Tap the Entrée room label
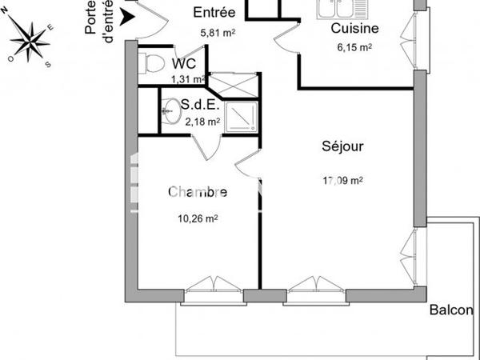[x=214, y=12]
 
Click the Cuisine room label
[x=354, y=29]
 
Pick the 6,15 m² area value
[x=353, y=48]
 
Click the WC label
[x=184, y=62]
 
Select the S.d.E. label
[x=197, y=104]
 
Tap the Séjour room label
[x=343, y=146]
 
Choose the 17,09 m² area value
[x=342, y=181]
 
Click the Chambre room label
[x=197, y=192]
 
